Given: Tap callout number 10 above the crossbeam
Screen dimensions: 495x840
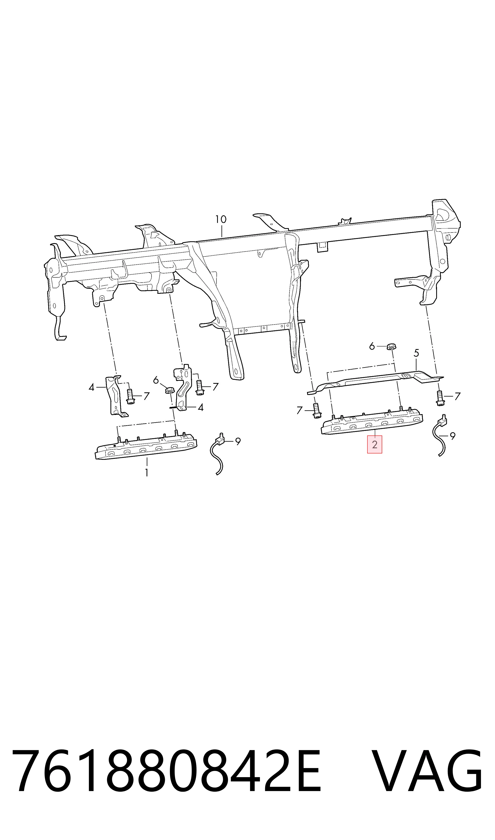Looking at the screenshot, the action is [x=221, y=219].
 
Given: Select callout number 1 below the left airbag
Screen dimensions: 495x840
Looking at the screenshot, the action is [x=147, y=473].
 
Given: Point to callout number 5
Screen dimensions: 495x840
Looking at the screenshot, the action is [x=416, y=353].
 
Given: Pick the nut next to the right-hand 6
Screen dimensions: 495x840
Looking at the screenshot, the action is [x=391, y=346].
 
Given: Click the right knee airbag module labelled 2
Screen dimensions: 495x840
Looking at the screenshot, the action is [x=372, y=422].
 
